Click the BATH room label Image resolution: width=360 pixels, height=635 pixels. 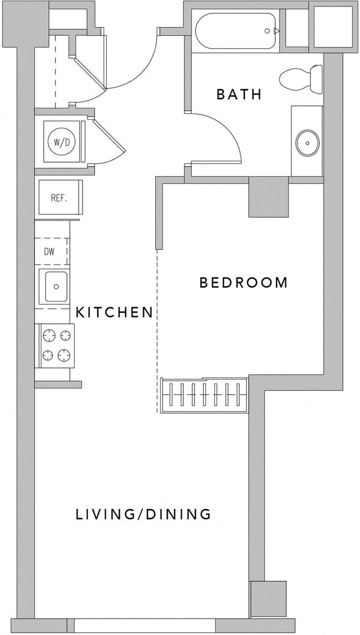click(x=239, y=94)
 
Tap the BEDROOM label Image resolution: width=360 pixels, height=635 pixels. click(x=244, y=283)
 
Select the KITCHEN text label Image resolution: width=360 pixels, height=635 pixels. click(x=114, y=312)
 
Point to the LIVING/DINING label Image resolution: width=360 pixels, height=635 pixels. click(x=143, y=514)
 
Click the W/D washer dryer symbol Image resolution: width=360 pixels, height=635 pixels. click(x=61, y=142)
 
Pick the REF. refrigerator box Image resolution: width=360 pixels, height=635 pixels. click(x=59, y=198)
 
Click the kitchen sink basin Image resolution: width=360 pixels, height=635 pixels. click(x=56, y=287)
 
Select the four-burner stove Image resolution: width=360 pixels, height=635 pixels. click(x=56, y=345)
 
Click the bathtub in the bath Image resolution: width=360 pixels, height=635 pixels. click(x=235, y=31)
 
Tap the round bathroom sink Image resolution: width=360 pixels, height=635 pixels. click(x=306, y=143)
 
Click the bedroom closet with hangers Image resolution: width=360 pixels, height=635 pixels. click(x=203, y=396)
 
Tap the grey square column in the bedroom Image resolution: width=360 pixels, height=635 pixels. click(x=269, y=197)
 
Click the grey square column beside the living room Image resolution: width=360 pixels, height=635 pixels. click(x=269, y=598)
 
